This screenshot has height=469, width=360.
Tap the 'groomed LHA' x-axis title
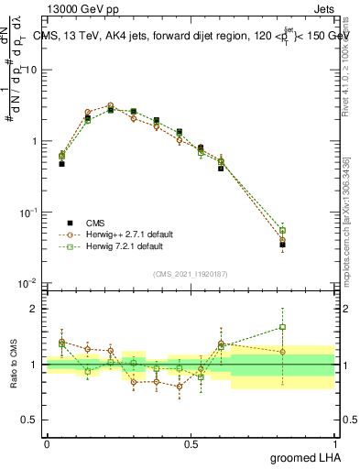click(x=305, y=457)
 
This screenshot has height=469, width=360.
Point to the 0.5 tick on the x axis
click(x=191, y=443)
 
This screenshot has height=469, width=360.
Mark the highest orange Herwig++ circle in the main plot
click(x=110, y=105)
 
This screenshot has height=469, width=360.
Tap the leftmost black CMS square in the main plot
click(x=61, y=164)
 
